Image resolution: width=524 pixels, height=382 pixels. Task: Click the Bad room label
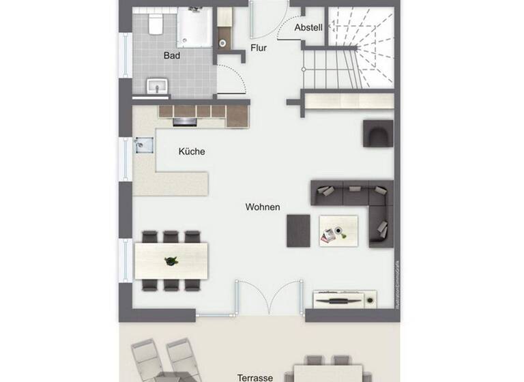click(172, 55)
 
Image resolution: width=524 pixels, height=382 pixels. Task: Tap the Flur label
click(259, 48)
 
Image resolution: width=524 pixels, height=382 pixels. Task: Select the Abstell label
click(308, 28)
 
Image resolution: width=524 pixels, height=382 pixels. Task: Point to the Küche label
click(192, 151)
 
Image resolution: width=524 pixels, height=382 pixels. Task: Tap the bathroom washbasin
click(158, 87)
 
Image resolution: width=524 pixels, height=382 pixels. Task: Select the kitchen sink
click(143, 146)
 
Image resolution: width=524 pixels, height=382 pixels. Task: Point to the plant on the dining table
click(171, 260)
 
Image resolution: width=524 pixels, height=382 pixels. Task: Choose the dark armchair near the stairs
click(378, 134)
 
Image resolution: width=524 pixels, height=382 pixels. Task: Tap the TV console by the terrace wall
click(345, 299)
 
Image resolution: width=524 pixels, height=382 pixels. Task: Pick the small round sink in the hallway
click(223, 43)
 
